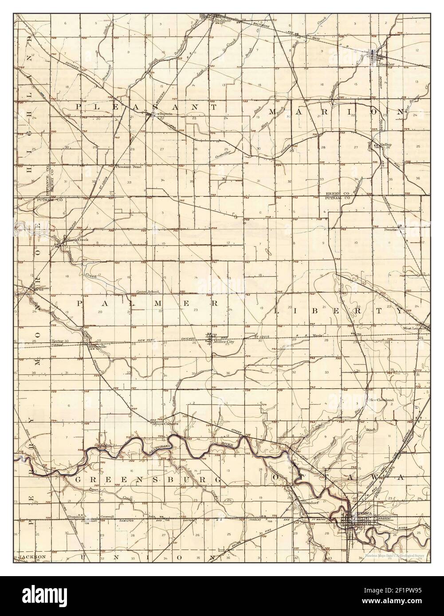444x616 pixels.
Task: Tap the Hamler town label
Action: pyautogui.click(x=387, y=64)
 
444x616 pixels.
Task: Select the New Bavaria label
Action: pyautogui.click(x=161, y=114)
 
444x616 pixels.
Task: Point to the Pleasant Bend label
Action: pyautogui.click(x=128, y=167)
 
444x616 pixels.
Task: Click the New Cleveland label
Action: pyautogui.click(x=381, y=400)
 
